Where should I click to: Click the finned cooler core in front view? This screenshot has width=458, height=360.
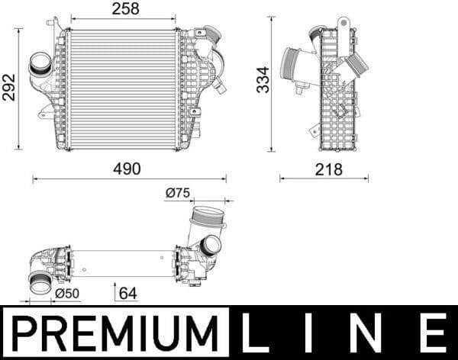coord(122,89)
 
